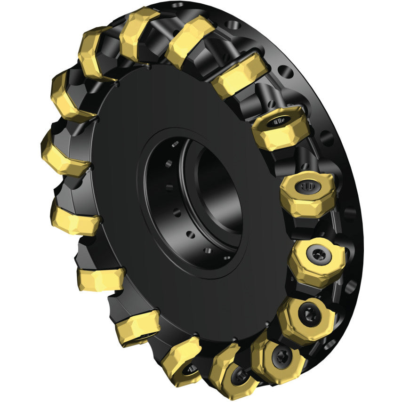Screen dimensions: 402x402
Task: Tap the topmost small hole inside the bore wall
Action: (175, 144)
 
